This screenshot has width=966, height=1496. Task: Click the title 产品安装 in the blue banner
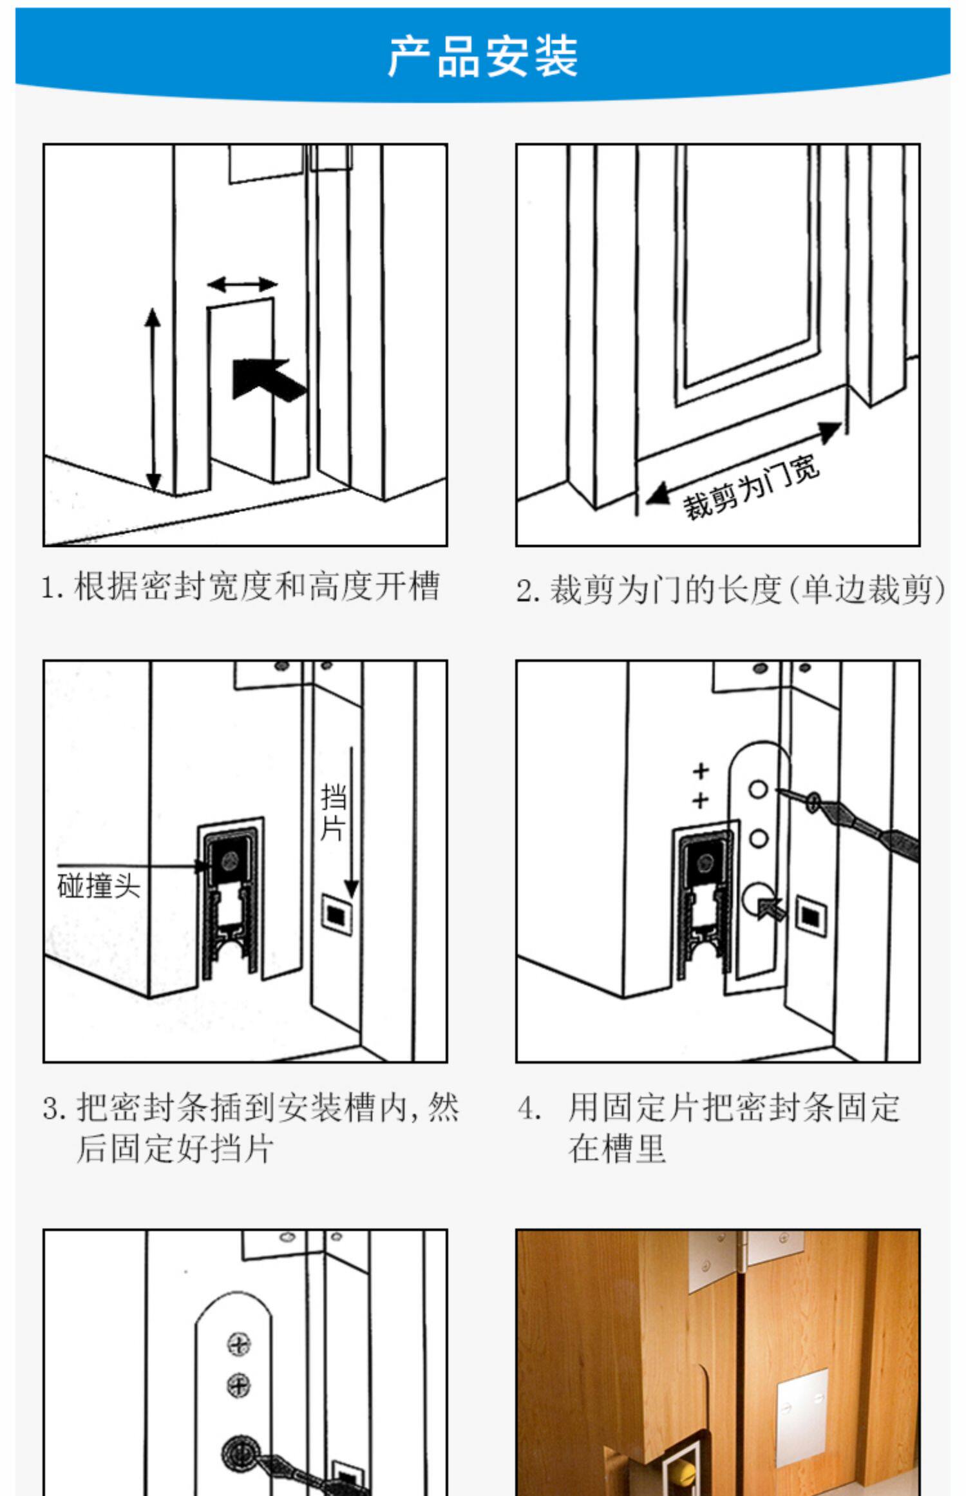point(482,57)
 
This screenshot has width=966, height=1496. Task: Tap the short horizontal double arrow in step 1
point(242,284)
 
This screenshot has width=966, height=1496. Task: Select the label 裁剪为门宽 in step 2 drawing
point(751,486)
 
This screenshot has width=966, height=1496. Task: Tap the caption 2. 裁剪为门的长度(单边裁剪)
point(730,590)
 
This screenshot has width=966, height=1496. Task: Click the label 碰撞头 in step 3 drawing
point(99,886)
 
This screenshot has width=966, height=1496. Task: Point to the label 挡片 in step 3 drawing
point(333,812)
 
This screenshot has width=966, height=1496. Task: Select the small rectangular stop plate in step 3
point(337,915)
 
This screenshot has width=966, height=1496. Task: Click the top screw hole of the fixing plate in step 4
point(758,789)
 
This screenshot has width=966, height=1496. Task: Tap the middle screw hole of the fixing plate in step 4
point(759,838)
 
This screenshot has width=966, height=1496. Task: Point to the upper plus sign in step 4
point(701,771)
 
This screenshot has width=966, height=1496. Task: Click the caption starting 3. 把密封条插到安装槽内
point(251,1127)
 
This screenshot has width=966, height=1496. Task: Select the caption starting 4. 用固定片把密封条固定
point(708,1127)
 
